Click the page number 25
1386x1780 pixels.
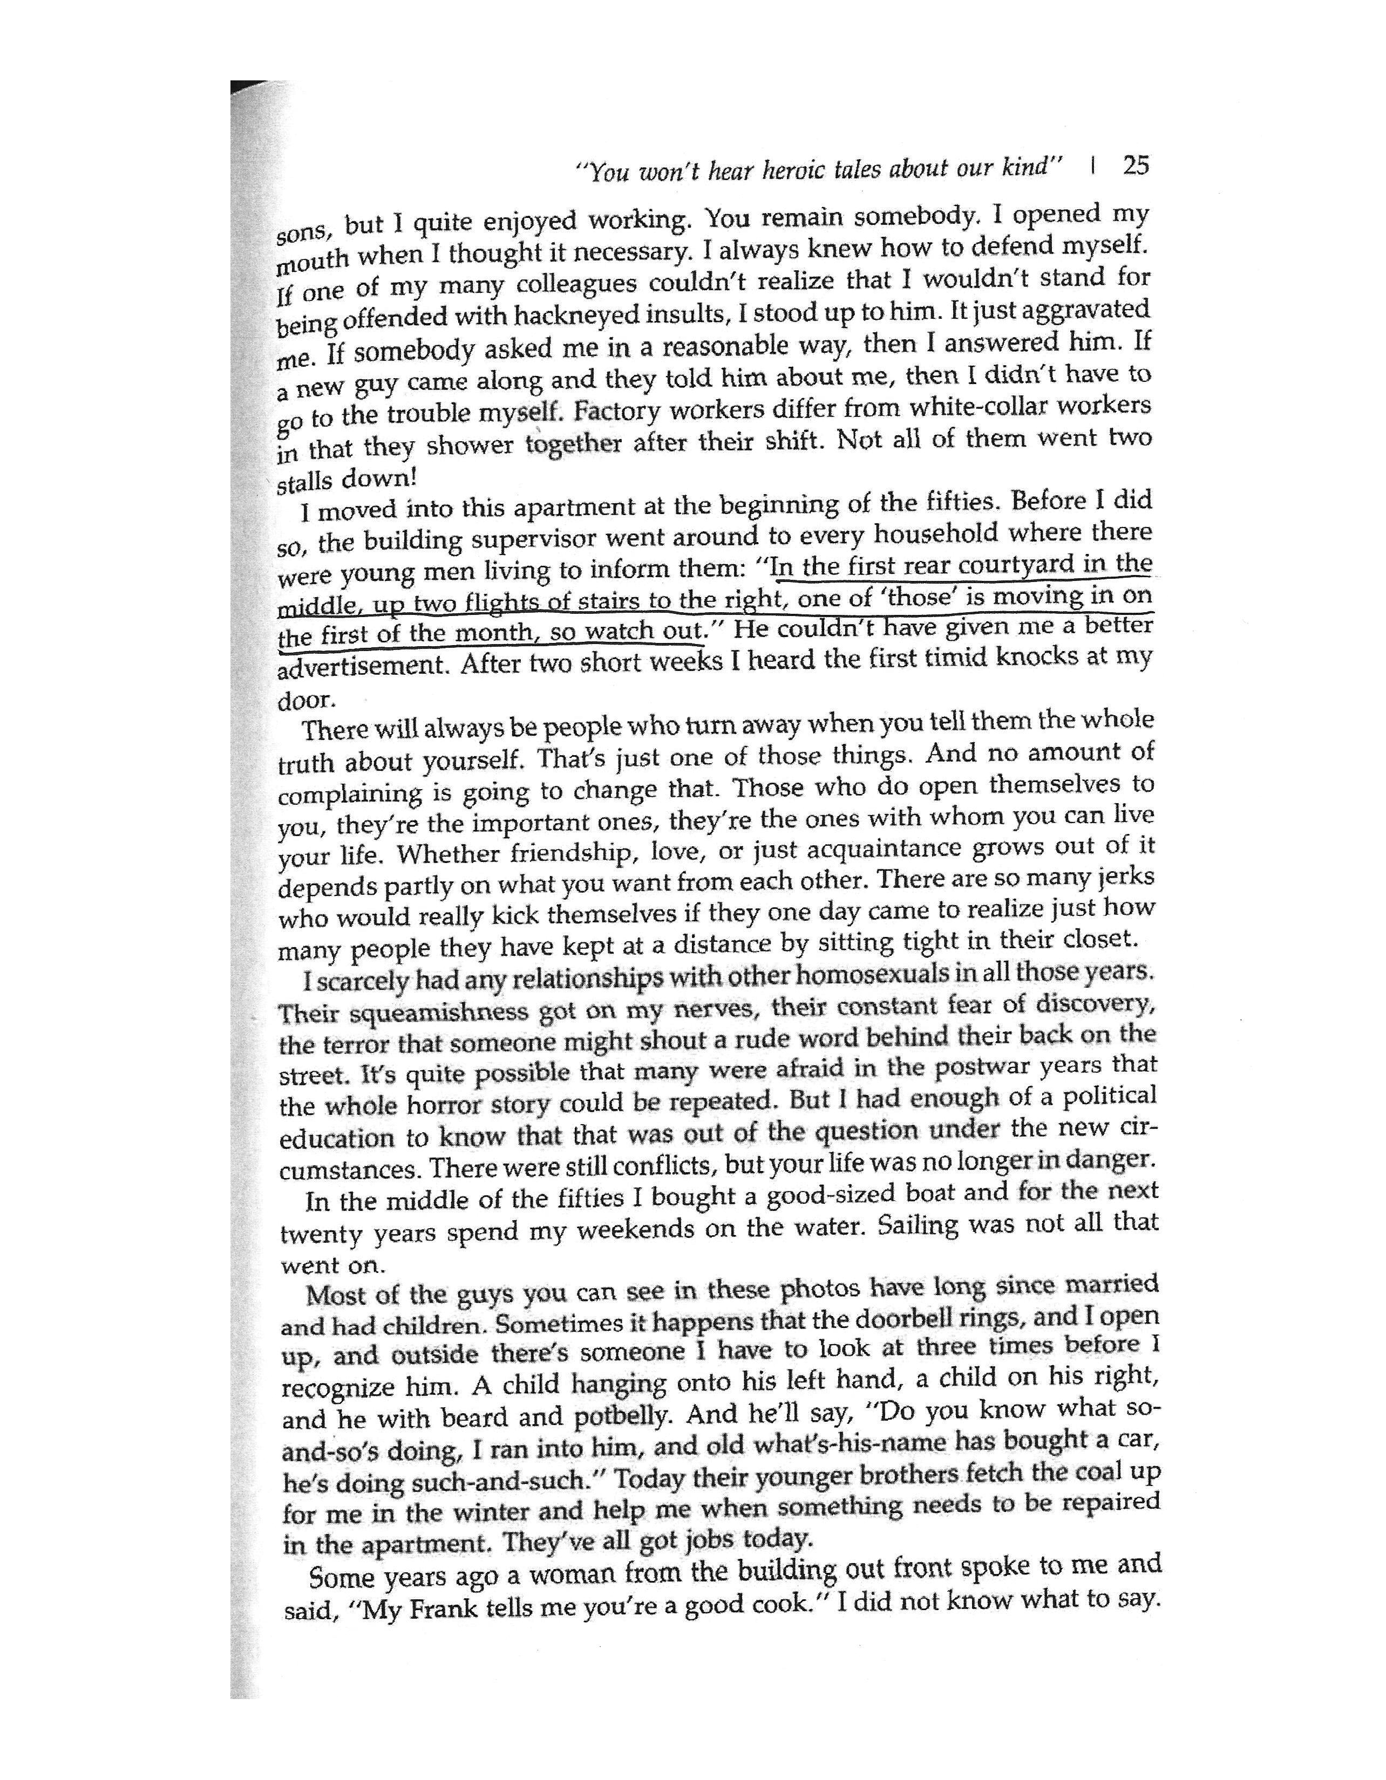coord(1135,166)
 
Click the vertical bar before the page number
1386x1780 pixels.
coord(1092,167)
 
